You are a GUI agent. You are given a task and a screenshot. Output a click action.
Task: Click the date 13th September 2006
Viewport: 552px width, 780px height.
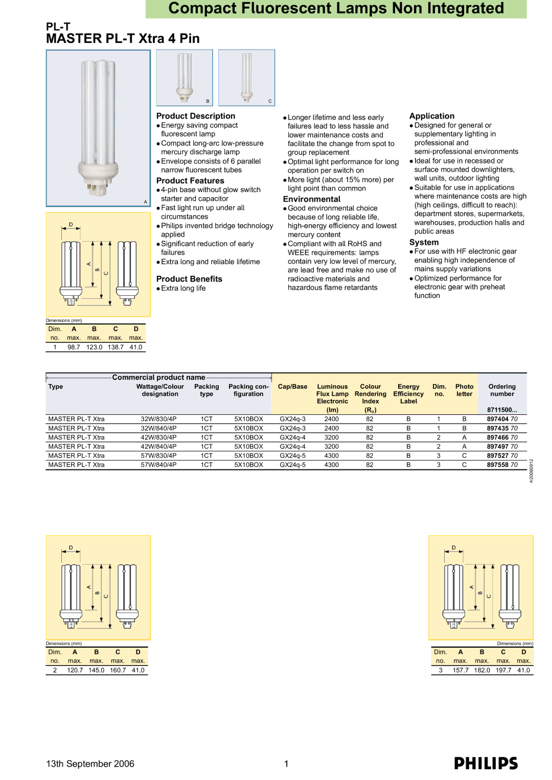(90, 764)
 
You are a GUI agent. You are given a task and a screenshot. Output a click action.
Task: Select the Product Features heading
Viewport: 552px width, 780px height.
(190, 180)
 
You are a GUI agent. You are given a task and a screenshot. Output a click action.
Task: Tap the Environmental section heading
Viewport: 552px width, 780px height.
(312, 199)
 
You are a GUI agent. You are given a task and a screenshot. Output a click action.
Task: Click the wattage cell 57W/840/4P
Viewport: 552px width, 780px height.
(158, 464)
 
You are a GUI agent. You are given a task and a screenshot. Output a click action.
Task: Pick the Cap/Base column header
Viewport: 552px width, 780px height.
(292, 387)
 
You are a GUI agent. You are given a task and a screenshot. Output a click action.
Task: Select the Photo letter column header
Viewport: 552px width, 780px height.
(464, 390)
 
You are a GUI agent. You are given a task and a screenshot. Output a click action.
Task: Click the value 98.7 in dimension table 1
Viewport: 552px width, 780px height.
(74, 347)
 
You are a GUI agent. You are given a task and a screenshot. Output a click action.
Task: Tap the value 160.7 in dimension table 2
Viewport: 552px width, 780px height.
(118, 670)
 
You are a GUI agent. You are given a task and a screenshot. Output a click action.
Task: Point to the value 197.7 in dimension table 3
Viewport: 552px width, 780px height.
(503, 670)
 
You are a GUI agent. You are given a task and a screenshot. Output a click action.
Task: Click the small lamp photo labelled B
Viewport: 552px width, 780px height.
(185, 78)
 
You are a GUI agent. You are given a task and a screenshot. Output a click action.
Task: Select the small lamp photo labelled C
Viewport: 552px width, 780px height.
(246, 78)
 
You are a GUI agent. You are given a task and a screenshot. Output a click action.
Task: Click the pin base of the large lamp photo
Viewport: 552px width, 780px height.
(98, 188)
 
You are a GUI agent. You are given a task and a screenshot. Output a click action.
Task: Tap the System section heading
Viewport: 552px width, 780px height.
(424, 242)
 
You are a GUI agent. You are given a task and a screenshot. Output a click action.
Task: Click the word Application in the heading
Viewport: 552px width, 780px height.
(432, 116)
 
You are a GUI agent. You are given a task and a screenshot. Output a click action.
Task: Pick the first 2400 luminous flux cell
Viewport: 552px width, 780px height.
(331, 419)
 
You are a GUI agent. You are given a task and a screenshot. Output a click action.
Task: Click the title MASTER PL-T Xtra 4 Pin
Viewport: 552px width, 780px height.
(123, 38)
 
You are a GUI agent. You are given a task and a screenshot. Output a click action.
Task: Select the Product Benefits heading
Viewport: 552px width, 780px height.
(189, 279)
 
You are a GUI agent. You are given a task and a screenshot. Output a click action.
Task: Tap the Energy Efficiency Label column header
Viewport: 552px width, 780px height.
(408, 394)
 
